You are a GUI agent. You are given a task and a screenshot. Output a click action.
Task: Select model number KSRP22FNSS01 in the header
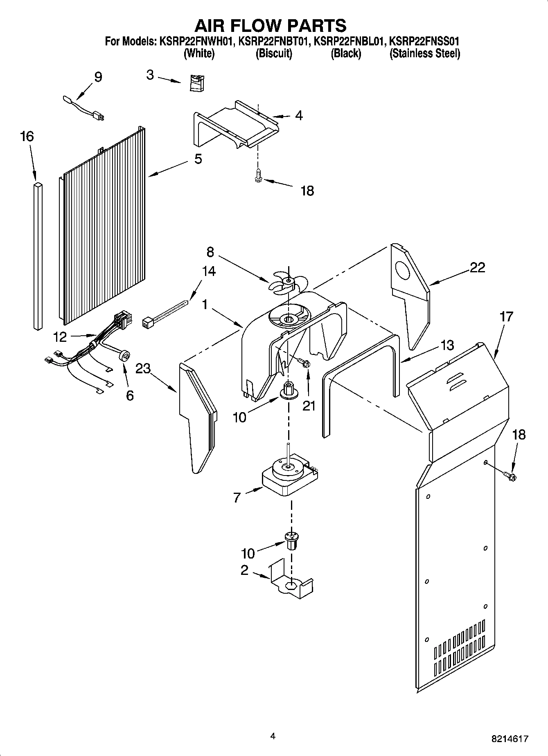pyautogui.click(x=424, y=41)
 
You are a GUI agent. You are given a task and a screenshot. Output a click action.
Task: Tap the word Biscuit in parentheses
pyautogui.click(x=274, y=54)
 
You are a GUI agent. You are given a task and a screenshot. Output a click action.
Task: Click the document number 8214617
pyautogui.click(x=510, y=739)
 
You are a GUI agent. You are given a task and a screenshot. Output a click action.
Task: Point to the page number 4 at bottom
pyautogui.click(x=273, y=736)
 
